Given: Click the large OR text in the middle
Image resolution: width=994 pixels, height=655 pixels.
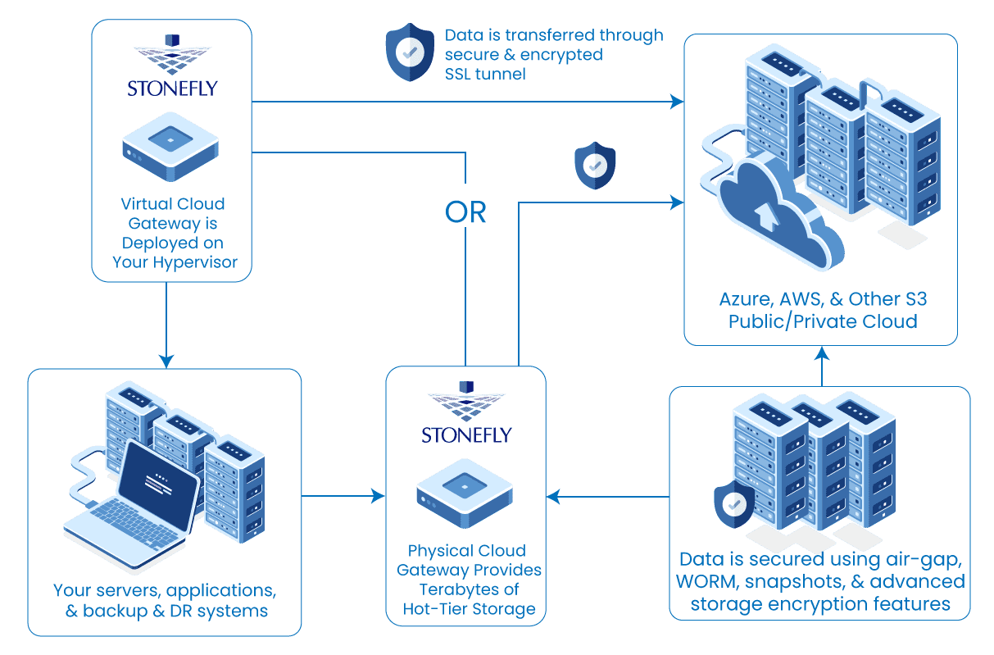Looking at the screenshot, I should pos(465,212).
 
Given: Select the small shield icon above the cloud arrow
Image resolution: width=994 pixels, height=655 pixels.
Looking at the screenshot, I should pos(594,165).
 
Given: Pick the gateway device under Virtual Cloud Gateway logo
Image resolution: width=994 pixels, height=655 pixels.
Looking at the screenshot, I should pos(170,147).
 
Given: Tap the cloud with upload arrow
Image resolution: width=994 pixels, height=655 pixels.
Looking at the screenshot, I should pos(770,209).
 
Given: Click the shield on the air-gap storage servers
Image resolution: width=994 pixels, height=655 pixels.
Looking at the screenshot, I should pos(734,503).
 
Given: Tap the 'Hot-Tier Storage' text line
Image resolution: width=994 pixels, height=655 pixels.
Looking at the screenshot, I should pos(469,608).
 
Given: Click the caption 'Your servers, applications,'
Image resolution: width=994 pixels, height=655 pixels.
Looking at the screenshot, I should pos(164,590).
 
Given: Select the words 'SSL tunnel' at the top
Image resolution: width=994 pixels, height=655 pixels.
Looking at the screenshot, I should pos(486,74).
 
